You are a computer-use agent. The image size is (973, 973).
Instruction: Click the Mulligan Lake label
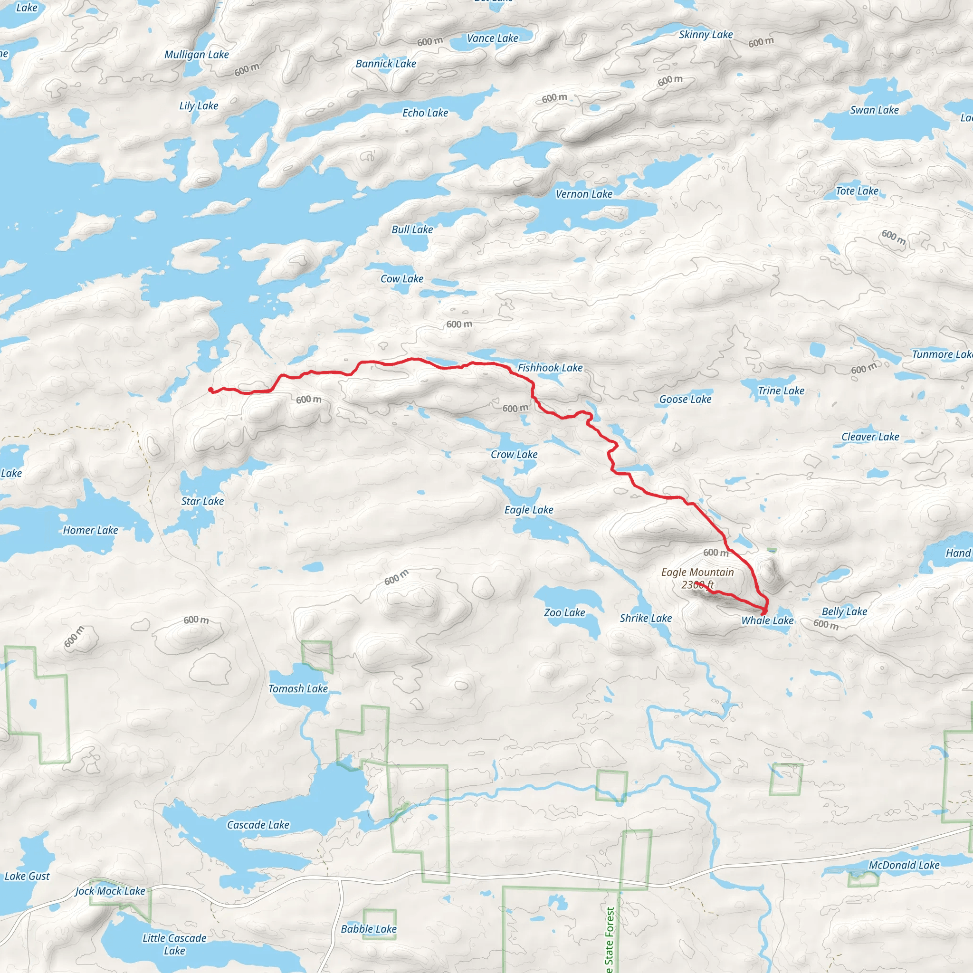(x=196, y=54)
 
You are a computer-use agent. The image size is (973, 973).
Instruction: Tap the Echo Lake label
(x=425, y=113)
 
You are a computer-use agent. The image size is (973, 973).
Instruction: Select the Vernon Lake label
(x=584, y=194)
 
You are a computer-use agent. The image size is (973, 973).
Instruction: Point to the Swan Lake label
(x=874, y=110)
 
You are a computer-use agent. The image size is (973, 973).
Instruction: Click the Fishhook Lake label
(x=550, y=368)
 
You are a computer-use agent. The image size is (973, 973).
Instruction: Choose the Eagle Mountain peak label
(x=697, y=572)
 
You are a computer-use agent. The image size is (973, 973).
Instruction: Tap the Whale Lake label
(x=767, y=620)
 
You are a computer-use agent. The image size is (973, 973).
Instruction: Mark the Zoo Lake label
(x=564, y=612)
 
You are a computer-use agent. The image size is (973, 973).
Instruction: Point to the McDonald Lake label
(x=904, y=865)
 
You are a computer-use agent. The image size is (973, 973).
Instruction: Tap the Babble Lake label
(x=369, y=929)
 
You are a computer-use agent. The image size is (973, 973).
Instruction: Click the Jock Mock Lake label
(x=110, y=891)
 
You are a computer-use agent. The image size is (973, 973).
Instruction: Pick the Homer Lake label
(x=90, y=530)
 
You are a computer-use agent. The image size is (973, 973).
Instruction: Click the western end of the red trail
(x=210, y=389)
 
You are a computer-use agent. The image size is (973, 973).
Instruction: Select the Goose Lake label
(x=685, y=400)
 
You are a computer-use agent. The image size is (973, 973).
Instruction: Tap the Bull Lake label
(x=412, y=229)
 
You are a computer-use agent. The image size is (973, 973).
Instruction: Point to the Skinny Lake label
(x=706, y=34)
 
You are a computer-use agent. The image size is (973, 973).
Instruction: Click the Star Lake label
(x=202, y=501)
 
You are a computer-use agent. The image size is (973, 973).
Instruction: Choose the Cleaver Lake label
(x=870, y=437)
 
